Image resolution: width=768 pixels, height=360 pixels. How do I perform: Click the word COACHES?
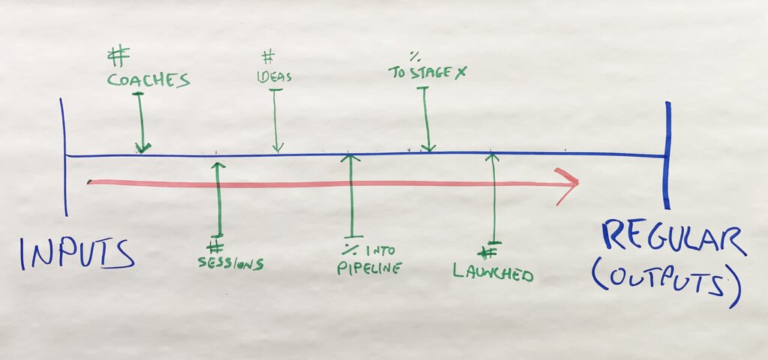click(x=148, y=79)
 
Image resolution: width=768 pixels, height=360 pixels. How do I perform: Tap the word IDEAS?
click(x=274, y=77)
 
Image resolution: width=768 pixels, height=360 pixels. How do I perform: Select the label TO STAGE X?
click(x=427, y=73)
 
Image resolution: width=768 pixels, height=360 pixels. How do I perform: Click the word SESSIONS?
click(x=231, y=263)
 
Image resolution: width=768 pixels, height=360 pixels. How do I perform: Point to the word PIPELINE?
click(x=369, y=268)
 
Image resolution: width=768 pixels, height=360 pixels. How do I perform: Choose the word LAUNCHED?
click(x=493, y=272)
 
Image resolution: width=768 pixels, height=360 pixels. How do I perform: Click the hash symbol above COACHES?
click(x=118, y=55)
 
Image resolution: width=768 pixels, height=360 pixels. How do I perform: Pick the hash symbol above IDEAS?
click(x=268, y=58)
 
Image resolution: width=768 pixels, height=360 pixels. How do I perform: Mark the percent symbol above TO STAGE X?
click(x=415, y=57)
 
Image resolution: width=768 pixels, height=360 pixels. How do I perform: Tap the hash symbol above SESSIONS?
click(x=215, y=247)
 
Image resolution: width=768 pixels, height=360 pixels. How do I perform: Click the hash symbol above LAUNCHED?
click(x=487, y=253)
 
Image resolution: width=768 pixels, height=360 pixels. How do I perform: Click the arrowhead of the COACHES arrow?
click(x=143, y=148)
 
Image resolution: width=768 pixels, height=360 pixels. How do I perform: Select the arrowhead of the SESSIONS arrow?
click(x=218, y=166)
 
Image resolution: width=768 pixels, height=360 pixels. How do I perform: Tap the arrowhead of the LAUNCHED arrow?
click(x=492, y=157)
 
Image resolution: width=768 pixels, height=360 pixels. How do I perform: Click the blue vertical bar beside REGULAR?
click(x=667, y=155)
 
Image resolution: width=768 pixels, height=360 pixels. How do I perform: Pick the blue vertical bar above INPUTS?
click(x=64, y=157)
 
